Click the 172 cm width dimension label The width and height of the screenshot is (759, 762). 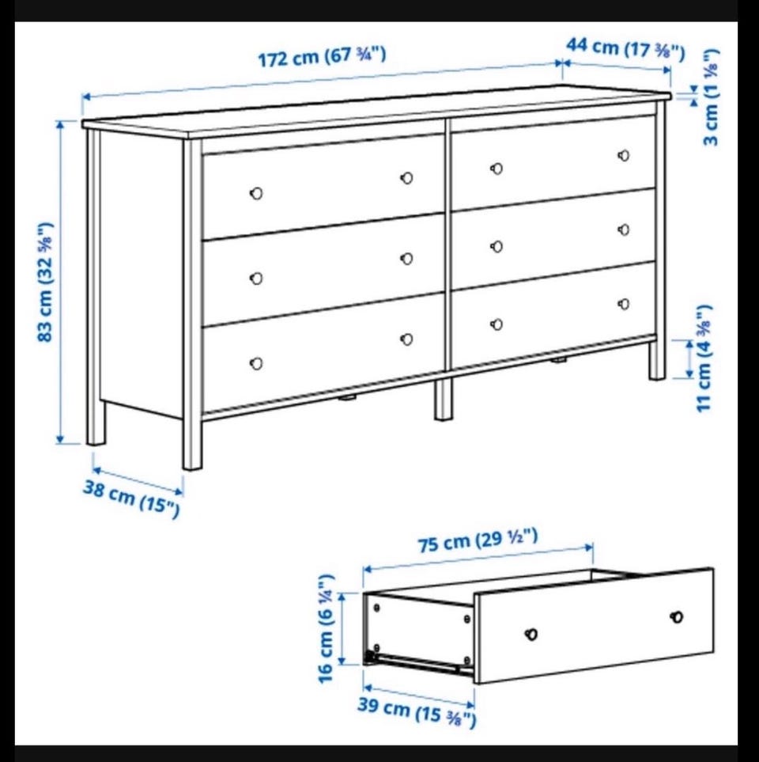[x=322, y=56]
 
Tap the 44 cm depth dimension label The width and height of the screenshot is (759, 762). [x=626, y=48]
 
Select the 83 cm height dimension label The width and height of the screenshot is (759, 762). [x=46, y=282]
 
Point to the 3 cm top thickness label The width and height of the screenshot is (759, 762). [x=711, y=97]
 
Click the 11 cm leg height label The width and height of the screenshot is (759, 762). [x=704, y=358]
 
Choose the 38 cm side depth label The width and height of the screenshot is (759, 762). [x=131, y=498]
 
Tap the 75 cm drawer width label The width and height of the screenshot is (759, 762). [x=478, y=540]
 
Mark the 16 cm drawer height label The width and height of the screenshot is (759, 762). [x=326, y=628]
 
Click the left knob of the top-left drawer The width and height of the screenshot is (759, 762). [x=256, y=193]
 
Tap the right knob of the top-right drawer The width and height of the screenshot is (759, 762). [x=624, y=156]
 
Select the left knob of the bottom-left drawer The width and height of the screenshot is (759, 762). [x=256, y=363]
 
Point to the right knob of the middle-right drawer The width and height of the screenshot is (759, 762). [x=624, y=229]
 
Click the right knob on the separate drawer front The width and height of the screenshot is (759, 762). [x=677, y=616]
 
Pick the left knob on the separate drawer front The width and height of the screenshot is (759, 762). [x=532, y=634]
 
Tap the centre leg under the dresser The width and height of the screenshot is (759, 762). [x=444, y=399]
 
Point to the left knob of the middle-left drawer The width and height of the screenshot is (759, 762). [x=256, y=279]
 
